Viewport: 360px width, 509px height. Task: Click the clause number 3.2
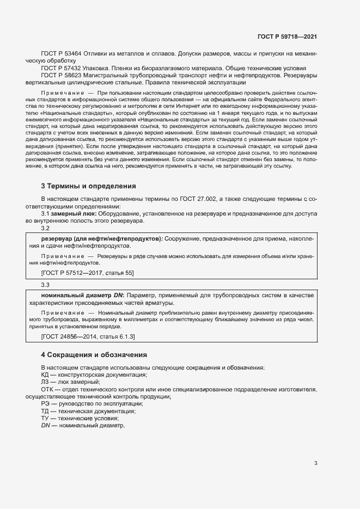click(x=45, y=229)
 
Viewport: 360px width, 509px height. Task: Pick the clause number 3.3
click(x=45, y=285)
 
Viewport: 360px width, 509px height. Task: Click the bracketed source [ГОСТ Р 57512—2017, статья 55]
click(x=87, y=272)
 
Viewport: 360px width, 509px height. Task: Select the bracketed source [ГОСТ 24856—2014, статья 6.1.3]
click(x=88, y=337)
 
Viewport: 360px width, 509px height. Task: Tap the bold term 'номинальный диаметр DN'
click(x=78, y=295)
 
